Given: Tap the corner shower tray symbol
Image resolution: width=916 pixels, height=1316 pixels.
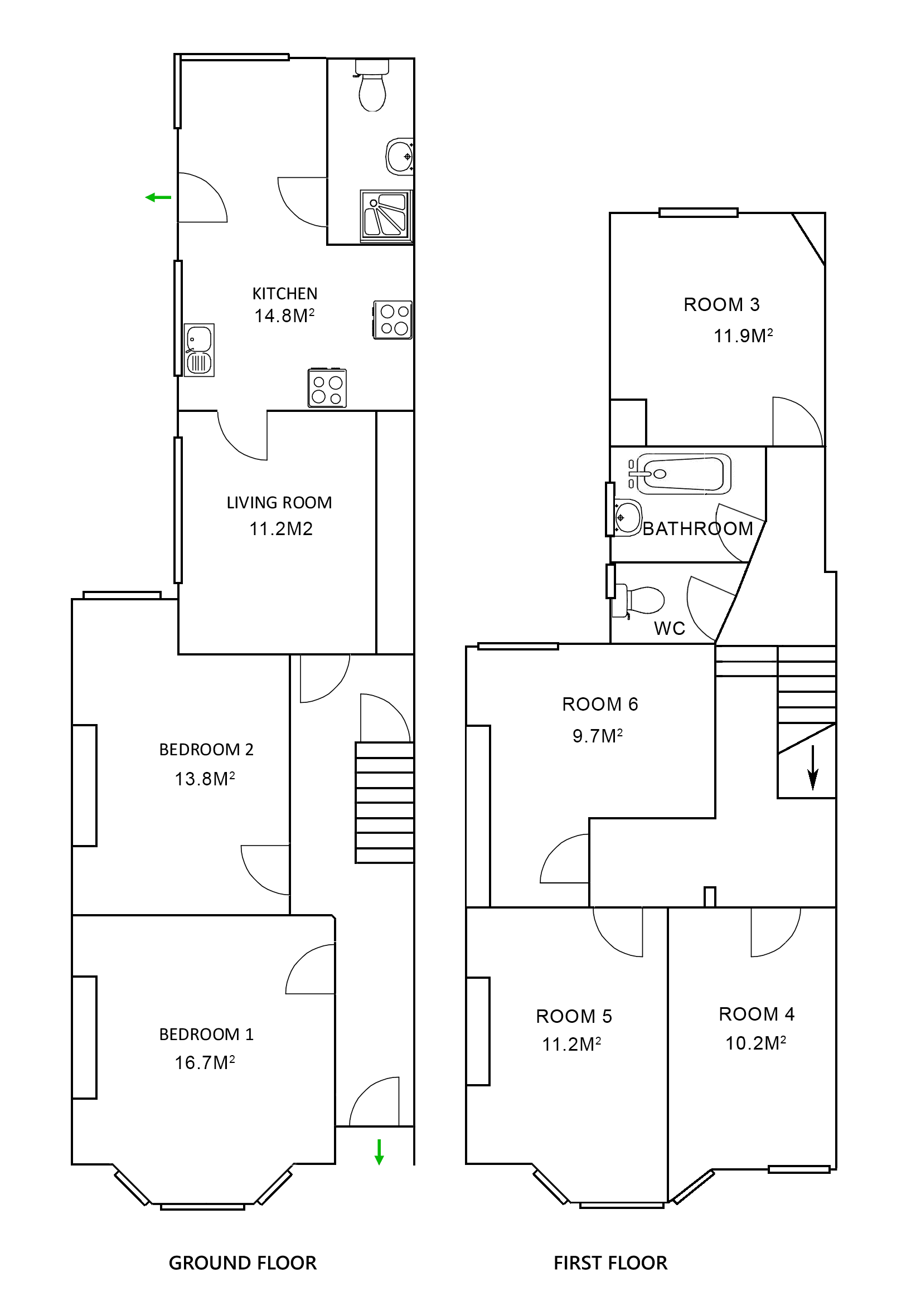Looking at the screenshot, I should pyautogui.click(x=386, y=216).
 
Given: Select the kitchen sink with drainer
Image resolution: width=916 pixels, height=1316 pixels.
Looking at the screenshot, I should pyautogui.click(x=199, y=349).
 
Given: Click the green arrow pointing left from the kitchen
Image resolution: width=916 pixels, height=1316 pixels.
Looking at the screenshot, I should pyautogui.click(x=158, y=198).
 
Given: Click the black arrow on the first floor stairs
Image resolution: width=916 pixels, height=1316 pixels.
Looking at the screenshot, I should pyautogui.click(x=812, y=768).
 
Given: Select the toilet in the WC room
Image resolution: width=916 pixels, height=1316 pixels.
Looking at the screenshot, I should pyautogui.click(x=641, y=600).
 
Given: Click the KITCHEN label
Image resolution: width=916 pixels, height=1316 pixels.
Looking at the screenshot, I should pyautogui.click(x=285, y=293).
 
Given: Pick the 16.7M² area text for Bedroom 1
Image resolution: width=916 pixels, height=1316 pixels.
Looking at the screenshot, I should pyautogui.click(x=205, y=1062).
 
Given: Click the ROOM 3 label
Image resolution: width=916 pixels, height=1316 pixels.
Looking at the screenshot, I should pyautogui.click(x=721, y=304).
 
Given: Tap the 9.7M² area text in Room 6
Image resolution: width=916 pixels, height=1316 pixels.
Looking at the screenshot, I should pyautogui.click(x=597, y=735).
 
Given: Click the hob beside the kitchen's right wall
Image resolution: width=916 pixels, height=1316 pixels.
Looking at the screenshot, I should pyautogui.click(x=393, y=319).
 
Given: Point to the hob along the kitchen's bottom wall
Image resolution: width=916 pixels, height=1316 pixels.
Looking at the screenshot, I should pyautogui.click(x=327, y=388).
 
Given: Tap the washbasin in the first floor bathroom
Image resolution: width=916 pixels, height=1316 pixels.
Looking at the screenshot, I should pyautogui.click(x=628, y=518).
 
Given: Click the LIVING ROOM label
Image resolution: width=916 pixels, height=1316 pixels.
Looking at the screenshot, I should pyautogui.click(x=279, y=503).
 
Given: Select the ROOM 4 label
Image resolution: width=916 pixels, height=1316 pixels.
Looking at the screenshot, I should pyautogui.click(x=757, y=1014).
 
